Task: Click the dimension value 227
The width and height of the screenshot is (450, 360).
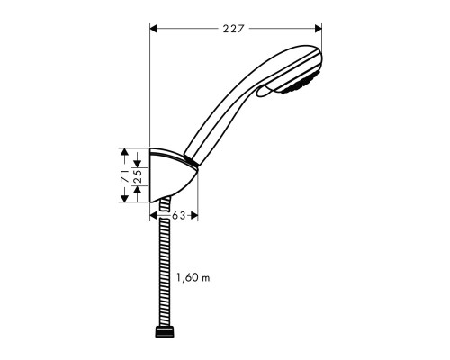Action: (x=235, y=28)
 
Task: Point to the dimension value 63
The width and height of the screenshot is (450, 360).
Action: (x=179, y=215)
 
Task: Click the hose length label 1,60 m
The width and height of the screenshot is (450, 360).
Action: (x=192, y=278)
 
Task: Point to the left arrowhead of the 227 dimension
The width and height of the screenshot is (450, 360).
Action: (x=153, y=28)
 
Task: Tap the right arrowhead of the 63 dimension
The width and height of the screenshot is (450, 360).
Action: (x=193, y=215)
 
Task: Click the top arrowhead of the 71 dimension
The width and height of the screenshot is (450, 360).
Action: (x=125, y=152)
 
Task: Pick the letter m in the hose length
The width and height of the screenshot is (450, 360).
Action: (x=205, y=278)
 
